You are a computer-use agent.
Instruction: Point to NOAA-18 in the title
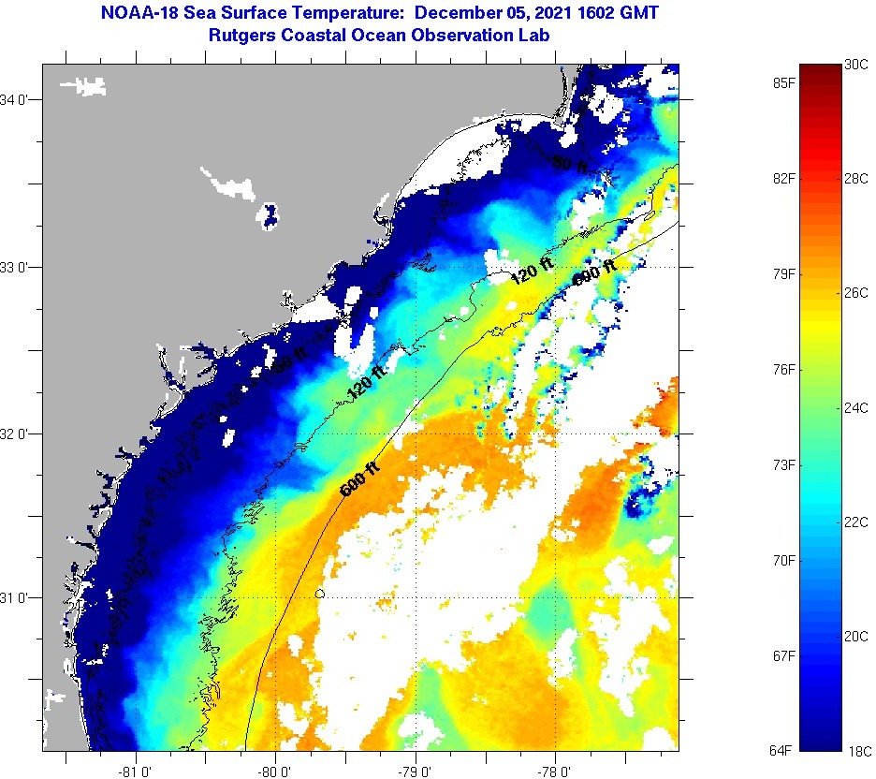(132, 13)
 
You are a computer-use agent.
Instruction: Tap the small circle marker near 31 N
(320, 594)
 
